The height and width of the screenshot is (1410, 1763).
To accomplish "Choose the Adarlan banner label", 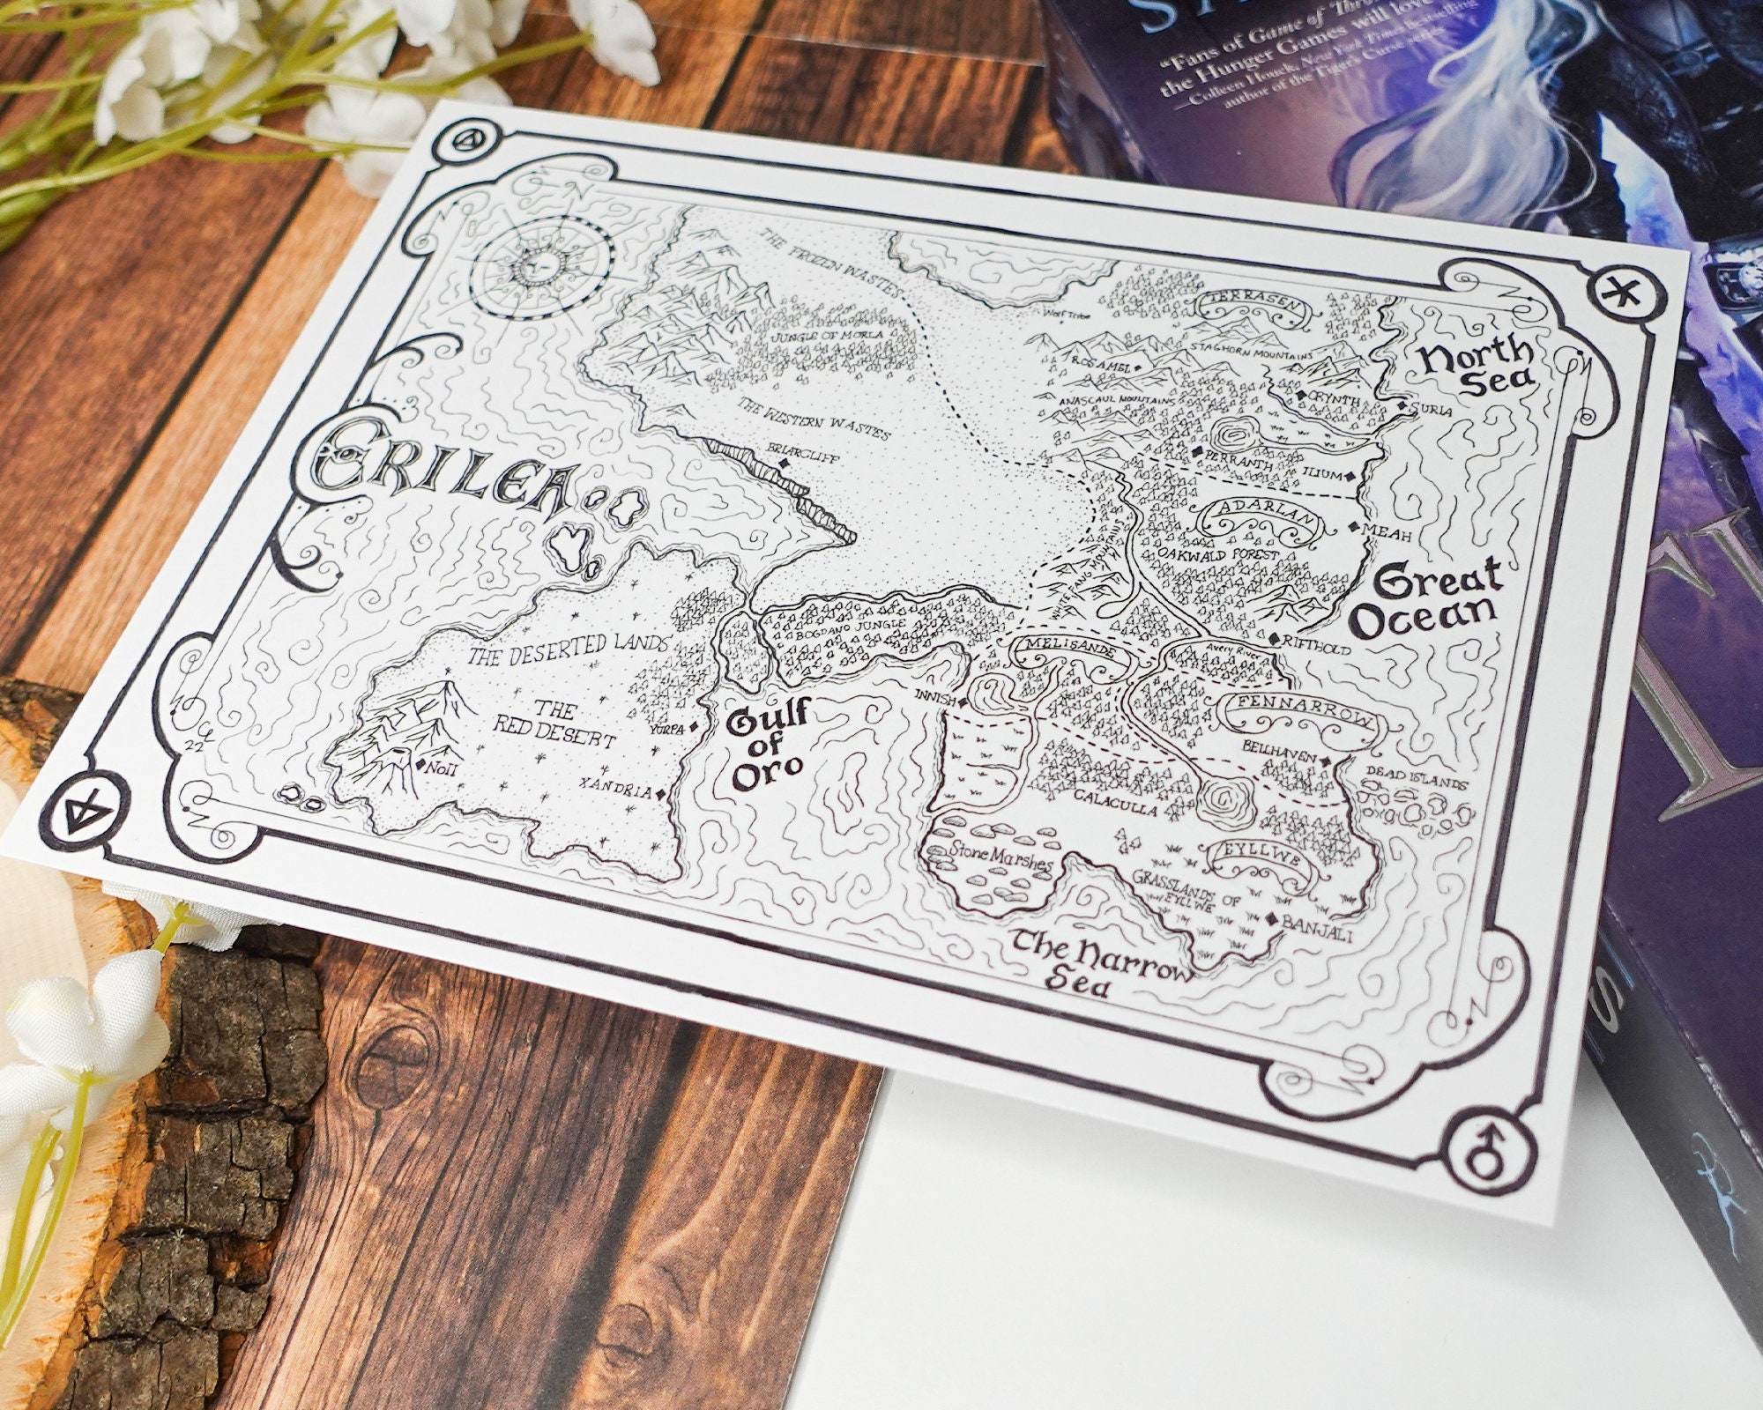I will point(1258,514).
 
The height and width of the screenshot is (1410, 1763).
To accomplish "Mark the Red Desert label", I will point(573,723).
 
